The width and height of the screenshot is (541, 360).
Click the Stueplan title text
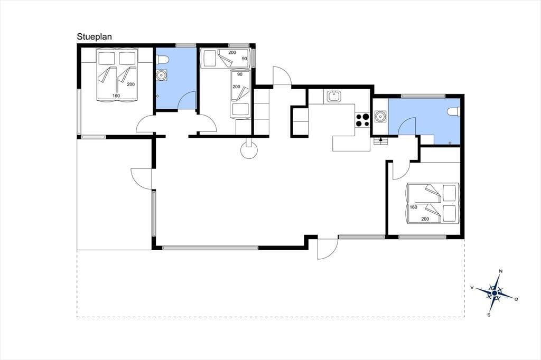[x=94, y=37]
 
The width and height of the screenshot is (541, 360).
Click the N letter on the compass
[x=501, y=271]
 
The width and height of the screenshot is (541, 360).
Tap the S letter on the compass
[x=489, y=315]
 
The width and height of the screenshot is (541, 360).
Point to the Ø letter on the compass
[x=516, y=299]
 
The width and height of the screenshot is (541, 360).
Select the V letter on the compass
[x=472, y=287]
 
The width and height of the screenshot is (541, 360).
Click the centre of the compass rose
[x=495, y=293]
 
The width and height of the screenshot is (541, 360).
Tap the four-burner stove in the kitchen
[x=362, y=120]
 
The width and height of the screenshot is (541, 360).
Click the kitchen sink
[x=334, y=96]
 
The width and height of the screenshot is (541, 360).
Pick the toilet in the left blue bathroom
[x=162, y=60]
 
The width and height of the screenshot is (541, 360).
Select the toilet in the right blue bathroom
[x=453, y=111]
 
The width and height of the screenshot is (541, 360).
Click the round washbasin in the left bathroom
[x=161, y=75]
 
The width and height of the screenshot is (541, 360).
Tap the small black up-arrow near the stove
[x=380, y=140]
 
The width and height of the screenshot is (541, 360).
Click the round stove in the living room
[x=249, y=150]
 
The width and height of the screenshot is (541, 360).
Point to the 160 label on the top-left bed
[x=116, y=96]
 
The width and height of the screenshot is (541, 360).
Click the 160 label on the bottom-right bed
[x=413, y=207]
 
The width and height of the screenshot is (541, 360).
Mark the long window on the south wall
[x=210, y=248]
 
